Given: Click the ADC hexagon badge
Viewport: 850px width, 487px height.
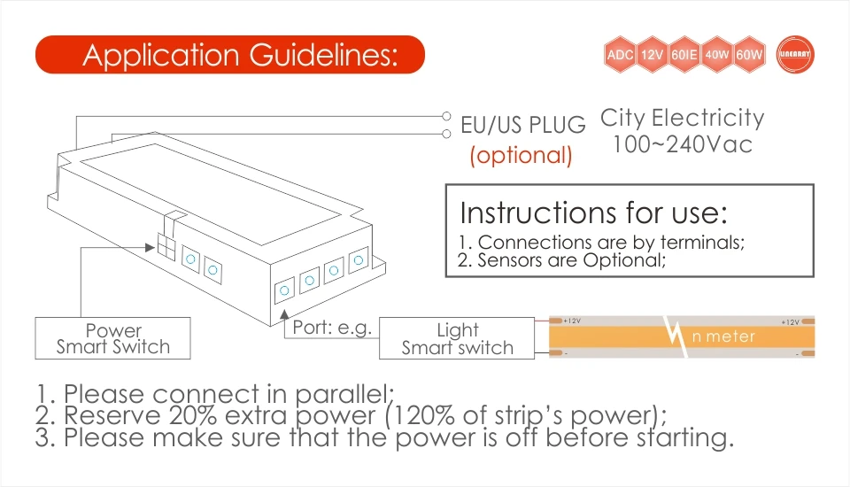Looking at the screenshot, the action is pos(619,55).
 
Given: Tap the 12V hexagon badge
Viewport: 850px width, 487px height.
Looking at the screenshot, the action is pos(652,55).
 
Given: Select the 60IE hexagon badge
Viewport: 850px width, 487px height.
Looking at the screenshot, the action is pos(684,55).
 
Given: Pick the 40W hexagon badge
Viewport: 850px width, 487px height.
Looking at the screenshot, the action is pos(717,55).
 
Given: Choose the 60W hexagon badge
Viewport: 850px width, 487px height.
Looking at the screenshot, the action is pos(749,55).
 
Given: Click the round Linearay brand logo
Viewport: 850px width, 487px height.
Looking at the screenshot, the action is pos(793,55).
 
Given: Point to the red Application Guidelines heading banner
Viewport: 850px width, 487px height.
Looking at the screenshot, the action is pos(230,55).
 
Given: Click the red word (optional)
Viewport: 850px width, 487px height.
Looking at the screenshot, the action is pos(522,156).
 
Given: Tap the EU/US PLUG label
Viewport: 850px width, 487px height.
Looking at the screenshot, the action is pos(523,125).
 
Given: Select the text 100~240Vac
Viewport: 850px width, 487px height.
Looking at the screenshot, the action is pos(682,143).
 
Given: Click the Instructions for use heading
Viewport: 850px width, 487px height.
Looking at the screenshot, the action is pos(593,213).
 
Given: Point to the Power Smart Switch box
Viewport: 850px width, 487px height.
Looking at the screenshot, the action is pos(113,338).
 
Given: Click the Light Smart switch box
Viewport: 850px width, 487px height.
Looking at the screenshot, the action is pos(457,338).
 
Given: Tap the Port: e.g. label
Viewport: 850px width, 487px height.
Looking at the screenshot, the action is pos(332,327).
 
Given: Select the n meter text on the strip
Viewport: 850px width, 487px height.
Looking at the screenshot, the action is pos(723,336).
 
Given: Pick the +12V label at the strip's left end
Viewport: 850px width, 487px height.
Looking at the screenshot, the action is pos(571,321).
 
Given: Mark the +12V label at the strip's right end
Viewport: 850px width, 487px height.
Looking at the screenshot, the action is pos(790,321).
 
